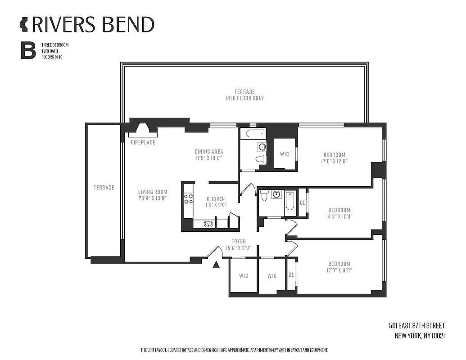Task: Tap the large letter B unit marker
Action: tap(28, 51)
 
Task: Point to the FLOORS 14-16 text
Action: tap(52, 57)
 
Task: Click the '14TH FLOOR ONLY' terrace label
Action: tap(244, 98)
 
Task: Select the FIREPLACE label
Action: tap(143, 143)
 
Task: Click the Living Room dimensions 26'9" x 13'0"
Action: tap(152, 198)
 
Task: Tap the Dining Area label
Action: tap(208, 152)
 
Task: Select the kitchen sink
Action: tap(208, 224)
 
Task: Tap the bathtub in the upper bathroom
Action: tap(253, 134)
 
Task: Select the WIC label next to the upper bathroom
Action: tap(284, 154)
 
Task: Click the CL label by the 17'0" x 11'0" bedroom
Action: tap(291, 274)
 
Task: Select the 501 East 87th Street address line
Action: tap(416, 325)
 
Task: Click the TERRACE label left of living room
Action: tap(104, 188)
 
